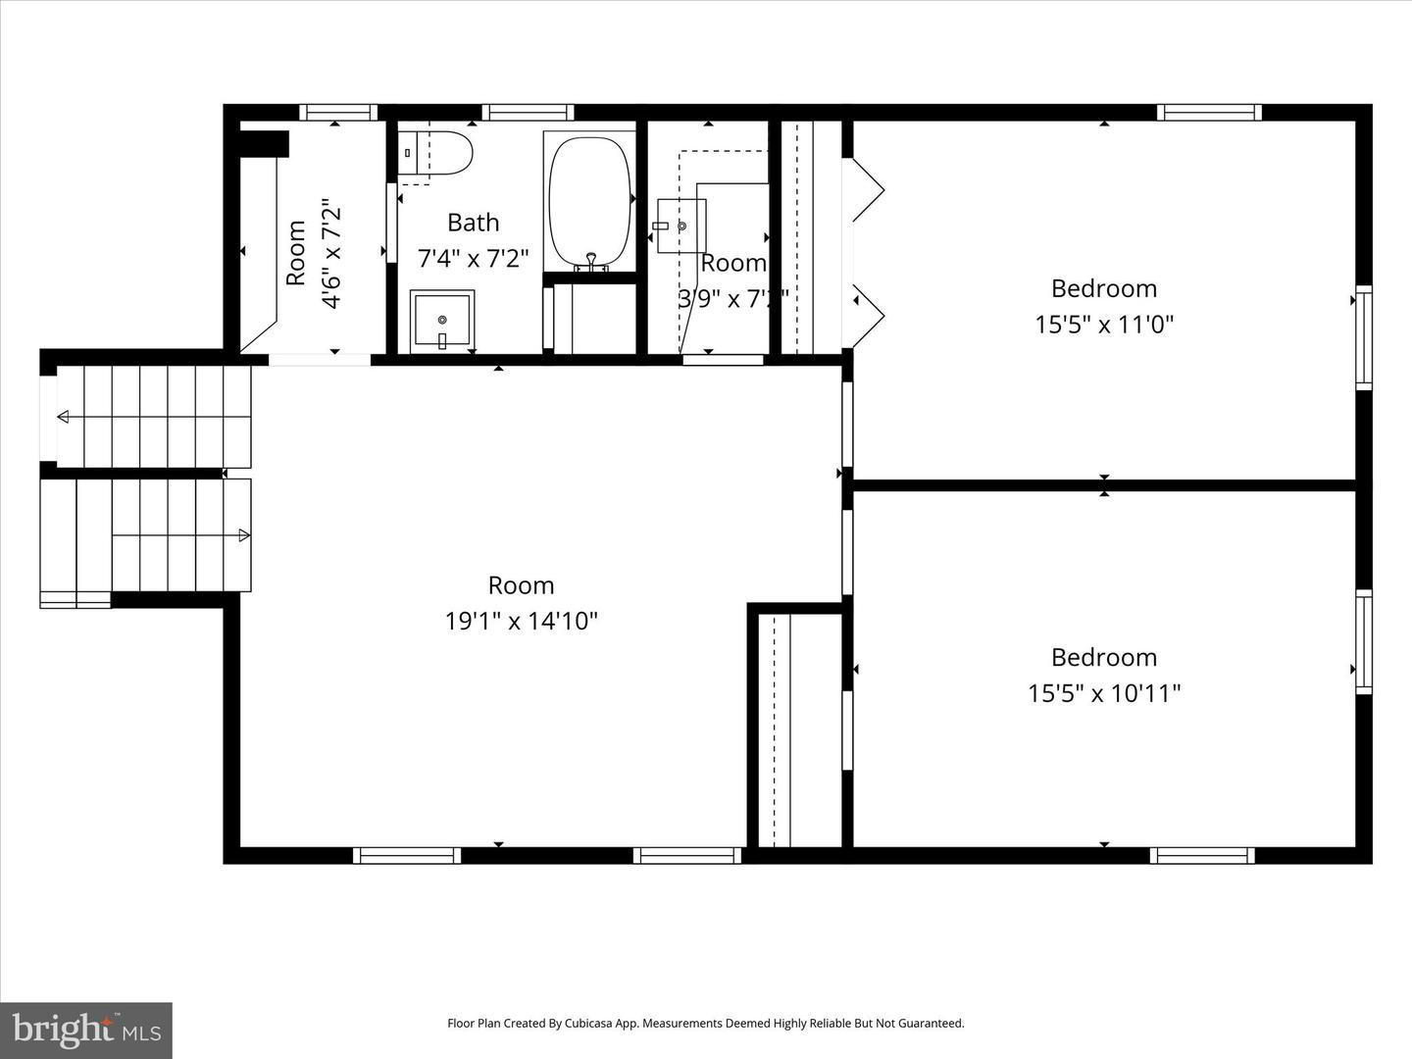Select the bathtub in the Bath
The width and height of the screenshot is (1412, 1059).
tap(589, 200)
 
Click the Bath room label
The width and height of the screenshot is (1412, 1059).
tap(473, 223)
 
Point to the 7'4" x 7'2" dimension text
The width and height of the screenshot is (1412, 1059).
tap(473, 258)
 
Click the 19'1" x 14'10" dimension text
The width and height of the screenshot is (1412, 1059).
tap(521, 621)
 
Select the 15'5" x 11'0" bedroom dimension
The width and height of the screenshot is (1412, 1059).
tap(1104, 324)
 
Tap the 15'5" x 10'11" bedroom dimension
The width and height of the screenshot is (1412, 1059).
tap(1104, 693)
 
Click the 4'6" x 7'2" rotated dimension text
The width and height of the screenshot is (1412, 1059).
tap(331, 254)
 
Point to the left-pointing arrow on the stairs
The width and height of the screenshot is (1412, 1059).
tap(63, 417)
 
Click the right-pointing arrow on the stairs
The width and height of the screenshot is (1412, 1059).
tap(244, 535)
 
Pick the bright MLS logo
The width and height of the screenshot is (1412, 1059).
tap(86, 1030)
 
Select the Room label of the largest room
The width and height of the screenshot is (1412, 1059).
tap(521, 585)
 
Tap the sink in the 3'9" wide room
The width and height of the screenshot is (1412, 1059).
tap(681, 226)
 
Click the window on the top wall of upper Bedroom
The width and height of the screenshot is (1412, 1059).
tap(1208, 112)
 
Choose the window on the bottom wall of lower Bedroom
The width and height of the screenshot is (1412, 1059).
tap(1201, 855)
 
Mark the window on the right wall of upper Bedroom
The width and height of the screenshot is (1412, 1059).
tap(1363, 337)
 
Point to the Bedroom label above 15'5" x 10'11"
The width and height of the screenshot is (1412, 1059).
tap(1104, 657)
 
